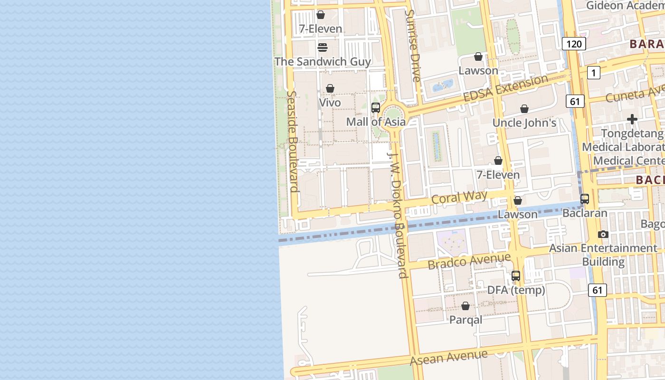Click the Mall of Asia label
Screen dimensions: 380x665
point(376,122)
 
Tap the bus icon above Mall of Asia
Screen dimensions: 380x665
point(376,108)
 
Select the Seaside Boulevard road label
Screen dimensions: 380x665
point(293,142)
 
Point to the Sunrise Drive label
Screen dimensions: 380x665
point(412,46)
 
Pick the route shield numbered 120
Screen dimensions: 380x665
point(574,44)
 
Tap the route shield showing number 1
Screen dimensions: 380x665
point(593,73)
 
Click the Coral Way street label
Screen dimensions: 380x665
point(459,197)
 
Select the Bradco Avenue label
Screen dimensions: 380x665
point(469,261)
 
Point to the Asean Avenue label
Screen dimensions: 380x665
point(449,357)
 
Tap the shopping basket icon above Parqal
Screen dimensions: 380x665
point(465,306)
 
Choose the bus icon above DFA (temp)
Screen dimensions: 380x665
point(516,275)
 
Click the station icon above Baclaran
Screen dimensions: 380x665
point(585,199)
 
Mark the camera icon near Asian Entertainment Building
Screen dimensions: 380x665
point(603,234)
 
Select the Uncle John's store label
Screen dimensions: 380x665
point(524,123)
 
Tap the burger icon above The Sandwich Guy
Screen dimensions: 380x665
point(322,47)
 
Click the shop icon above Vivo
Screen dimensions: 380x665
point(330,89)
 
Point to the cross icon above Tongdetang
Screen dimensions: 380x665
point(632,119)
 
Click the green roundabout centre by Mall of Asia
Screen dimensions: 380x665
point(393,114)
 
